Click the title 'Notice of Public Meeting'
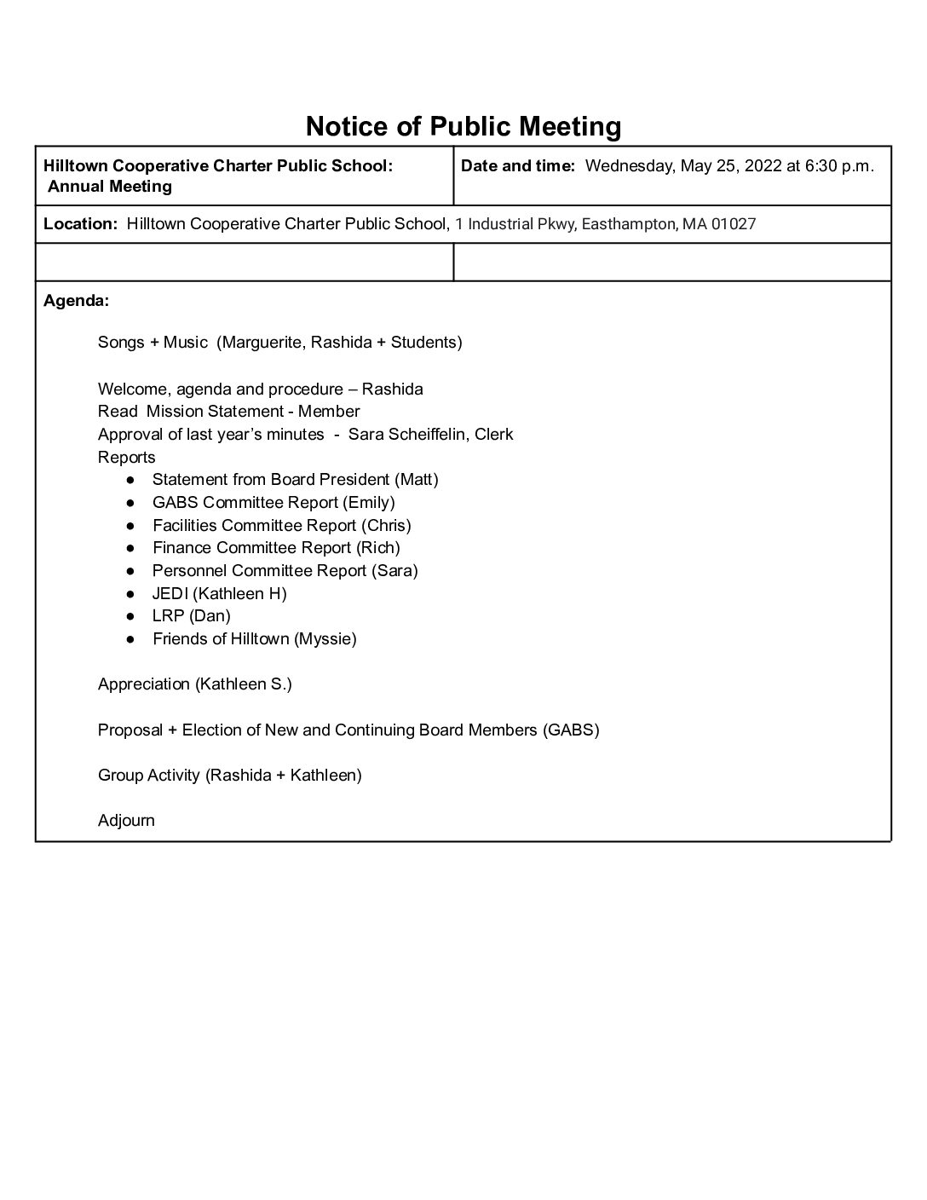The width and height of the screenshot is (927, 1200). point(463,127)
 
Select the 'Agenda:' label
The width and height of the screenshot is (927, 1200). point(76,301)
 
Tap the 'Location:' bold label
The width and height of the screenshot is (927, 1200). point(80,224)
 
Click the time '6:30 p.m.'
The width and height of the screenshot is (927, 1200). point(839,166)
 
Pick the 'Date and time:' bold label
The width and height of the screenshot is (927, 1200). point(518,166)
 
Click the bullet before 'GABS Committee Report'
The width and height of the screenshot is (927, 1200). point(130,503)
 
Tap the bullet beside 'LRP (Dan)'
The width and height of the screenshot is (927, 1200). point(130,616)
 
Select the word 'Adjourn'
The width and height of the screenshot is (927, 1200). point(126,821)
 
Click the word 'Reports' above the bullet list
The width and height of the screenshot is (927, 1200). point(126,458)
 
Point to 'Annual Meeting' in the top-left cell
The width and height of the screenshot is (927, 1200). point(110,187)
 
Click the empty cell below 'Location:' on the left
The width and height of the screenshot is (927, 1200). point(244,262)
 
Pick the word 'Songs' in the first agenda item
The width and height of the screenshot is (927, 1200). point(121,343)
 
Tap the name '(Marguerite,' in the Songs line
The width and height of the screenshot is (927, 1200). point(261,343)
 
